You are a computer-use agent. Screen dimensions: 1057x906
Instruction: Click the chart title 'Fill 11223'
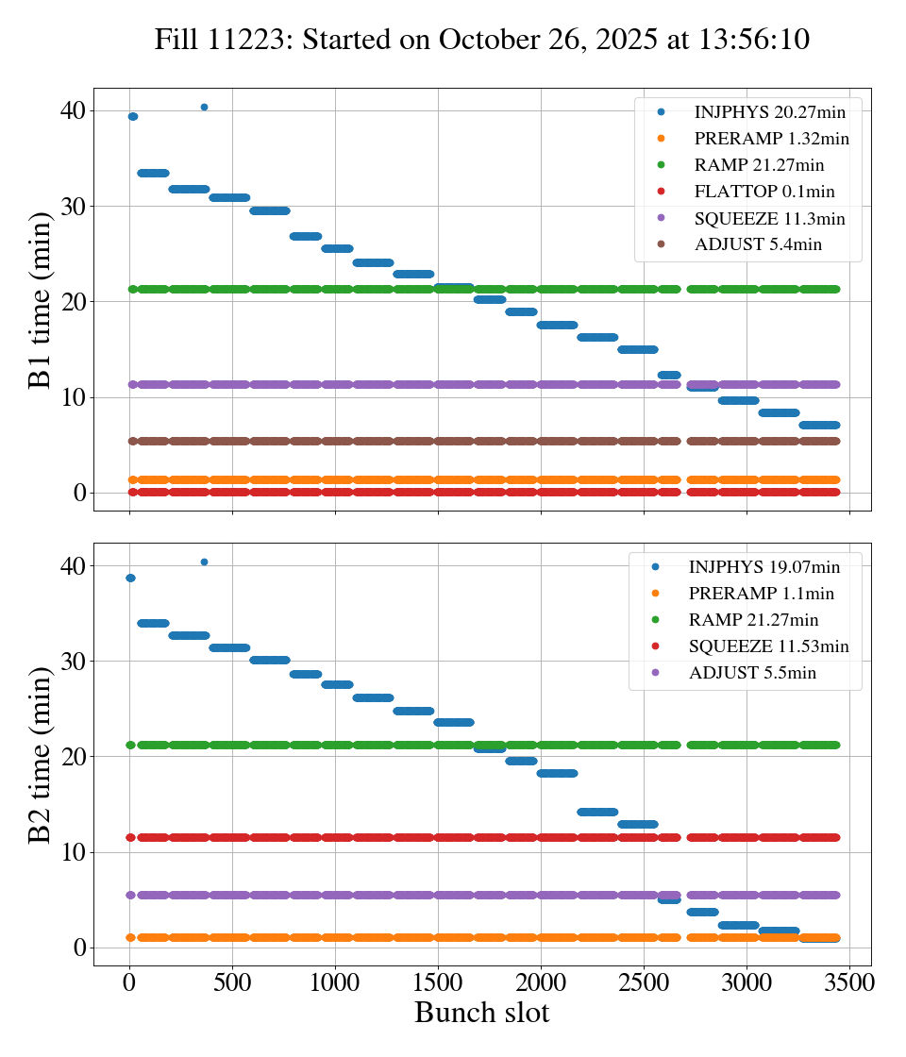point(481,40)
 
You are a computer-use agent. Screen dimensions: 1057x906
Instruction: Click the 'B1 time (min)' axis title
point(41,300)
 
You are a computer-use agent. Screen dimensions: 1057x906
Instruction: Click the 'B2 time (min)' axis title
point(41,754)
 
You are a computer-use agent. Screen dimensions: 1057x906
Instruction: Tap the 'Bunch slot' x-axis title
point(481,1013)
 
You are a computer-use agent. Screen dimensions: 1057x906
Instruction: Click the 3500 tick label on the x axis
point(849,982)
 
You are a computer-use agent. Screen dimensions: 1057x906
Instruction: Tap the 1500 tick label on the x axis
point(438,982)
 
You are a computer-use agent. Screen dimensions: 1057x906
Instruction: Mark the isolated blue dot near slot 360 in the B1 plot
point(204,108)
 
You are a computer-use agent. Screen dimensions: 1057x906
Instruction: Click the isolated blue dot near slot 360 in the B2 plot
point(204,562)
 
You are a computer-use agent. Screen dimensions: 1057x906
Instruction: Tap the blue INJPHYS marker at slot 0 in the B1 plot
point(132,116)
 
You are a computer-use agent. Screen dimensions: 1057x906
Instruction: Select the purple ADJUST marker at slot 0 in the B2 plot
point(130,895)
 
